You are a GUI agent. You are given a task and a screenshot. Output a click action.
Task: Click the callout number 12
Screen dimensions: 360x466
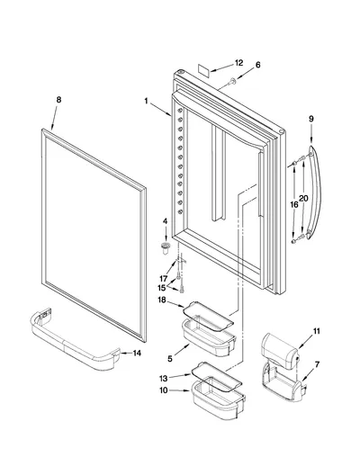[238, 63]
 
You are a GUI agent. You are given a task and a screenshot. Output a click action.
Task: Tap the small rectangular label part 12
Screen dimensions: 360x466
[203, 68]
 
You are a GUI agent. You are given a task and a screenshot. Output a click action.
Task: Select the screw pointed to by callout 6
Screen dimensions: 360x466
[232, 81]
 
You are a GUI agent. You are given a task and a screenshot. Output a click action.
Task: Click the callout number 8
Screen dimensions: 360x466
[58, 100]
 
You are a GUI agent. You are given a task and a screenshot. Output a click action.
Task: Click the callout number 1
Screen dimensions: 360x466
[146, 101]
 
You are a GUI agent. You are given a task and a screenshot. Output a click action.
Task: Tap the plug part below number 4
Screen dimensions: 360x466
[166, 247]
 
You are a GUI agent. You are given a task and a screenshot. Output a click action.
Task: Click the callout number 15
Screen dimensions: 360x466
[162, 288]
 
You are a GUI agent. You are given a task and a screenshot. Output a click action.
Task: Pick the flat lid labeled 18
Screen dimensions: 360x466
[208, 316]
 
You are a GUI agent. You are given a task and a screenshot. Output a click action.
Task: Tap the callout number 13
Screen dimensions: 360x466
[164, 379]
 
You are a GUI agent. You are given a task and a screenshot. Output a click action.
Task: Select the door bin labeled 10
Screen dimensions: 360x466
[219, 398]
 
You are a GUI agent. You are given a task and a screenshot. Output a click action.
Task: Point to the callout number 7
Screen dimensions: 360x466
[317, 364]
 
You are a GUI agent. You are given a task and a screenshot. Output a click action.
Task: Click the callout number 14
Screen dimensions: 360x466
[137, 354]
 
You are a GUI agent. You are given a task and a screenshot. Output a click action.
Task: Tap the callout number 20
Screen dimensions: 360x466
[303, 198]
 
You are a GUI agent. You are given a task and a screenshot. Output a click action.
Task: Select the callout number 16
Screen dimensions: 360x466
[294, 205]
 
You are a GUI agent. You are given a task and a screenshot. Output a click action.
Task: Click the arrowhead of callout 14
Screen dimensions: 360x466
[121, 354]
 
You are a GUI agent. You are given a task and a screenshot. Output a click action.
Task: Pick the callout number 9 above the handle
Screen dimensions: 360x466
[311, 119]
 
